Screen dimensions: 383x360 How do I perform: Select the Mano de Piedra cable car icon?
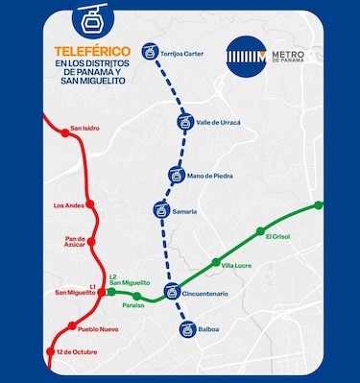point(175,175)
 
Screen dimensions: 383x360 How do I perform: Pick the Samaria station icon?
point(160,209)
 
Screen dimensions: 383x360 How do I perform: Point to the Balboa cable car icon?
point(187,329)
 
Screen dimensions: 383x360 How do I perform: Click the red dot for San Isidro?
point(64,134)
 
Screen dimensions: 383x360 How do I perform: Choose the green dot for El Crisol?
point(260,230)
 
